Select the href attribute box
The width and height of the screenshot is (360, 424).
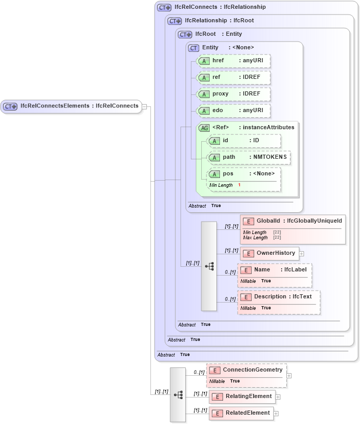(233, 61)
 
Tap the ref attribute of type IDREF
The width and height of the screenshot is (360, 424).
(233, 77)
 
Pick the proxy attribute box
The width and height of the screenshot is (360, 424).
(233, 94)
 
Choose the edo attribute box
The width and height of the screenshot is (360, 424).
(233, 111)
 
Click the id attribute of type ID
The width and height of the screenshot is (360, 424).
(243, 141)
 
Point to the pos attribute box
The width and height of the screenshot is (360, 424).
(243, 174)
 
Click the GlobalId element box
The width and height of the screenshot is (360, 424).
(293, 221)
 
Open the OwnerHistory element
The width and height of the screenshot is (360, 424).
(269, 253)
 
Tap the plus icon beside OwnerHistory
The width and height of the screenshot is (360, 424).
(302, 254)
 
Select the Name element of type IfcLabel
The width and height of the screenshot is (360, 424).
(274, 270)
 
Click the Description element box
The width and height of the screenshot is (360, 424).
(279, 297)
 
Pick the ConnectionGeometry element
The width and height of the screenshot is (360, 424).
(246, 370)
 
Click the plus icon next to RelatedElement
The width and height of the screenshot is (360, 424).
(276, 414)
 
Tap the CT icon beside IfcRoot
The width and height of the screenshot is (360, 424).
(185, 34)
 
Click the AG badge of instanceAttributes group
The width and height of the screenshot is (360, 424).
(204, 128)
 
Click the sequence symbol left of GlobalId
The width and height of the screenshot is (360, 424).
(209, 266)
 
